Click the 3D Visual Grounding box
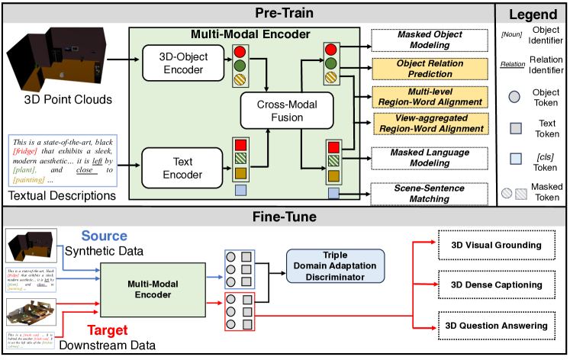point(501,245)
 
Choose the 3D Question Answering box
point(501,326)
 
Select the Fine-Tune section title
point(285,216)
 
